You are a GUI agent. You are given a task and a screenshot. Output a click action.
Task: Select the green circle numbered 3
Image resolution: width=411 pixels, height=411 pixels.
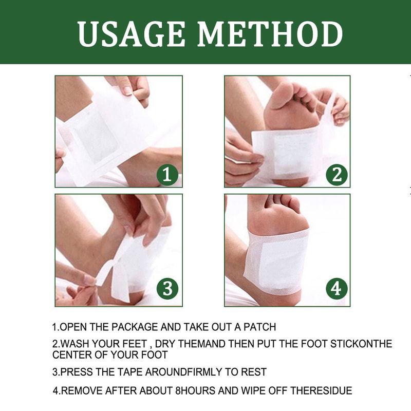(x=167, y=289)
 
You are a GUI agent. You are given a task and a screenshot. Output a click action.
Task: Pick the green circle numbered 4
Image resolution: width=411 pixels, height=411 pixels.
(x=337, y=289)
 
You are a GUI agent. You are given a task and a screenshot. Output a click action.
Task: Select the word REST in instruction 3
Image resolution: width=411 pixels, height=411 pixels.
(x=255, y=371)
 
